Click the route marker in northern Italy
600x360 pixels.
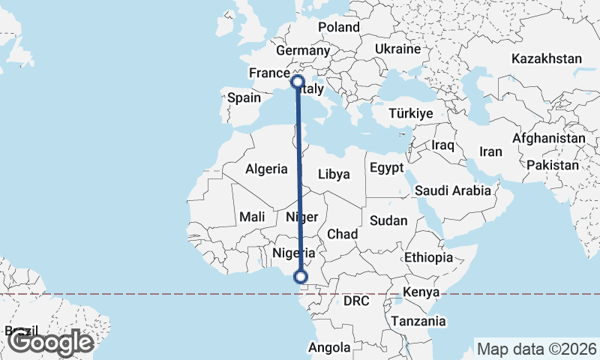pos(297,81)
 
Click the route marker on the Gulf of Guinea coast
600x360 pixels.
pos(301,277)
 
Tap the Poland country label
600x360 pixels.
pos(339,27)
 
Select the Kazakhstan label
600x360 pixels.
pos(547,58)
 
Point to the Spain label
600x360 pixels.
pos(244,97)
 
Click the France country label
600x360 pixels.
pos(269,73)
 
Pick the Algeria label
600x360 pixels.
pos(266,169)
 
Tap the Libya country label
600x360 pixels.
pos(334,174)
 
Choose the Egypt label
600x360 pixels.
pos(387,166)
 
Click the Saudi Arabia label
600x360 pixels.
pos(452,190)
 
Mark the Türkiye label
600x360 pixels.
pos(411,113)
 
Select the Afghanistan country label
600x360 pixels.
pos(548,139)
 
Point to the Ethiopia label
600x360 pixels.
pos(428,257)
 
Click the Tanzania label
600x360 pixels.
pos(418,321)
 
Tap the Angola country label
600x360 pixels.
pos(329,347)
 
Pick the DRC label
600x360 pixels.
pos(357,301)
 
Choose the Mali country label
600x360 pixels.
pos(252,217)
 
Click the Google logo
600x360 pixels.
pos(50,343)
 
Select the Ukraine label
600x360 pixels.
pos(397,49)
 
